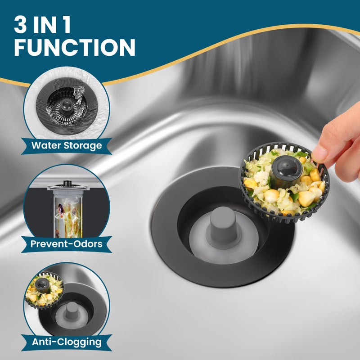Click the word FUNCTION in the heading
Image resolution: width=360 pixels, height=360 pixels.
point(75,47)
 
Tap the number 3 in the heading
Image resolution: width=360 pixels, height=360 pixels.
point(20,25)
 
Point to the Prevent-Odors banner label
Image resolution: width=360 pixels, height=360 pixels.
point(67,244)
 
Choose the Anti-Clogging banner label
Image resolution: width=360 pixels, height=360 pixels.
point(67,342)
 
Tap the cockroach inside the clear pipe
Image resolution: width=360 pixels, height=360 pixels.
point(61,210)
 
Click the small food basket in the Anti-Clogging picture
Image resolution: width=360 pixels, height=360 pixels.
point(44,290)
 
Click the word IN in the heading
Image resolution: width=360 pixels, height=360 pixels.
point(45,25)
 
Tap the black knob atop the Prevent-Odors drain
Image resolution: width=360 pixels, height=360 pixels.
point(67,183)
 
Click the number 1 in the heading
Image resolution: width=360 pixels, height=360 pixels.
point(67,25)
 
